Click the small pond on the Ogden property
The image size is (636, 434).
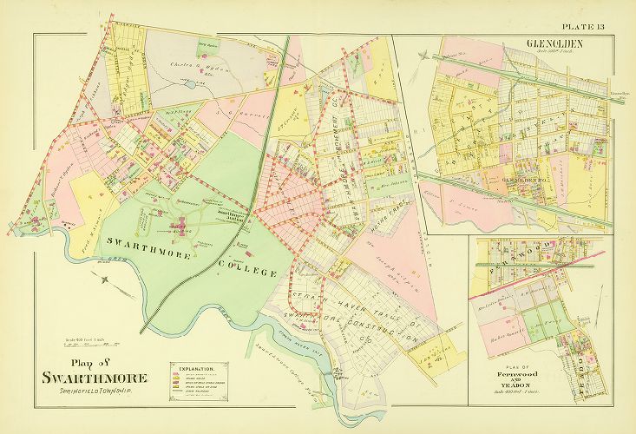pos(190,85)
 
